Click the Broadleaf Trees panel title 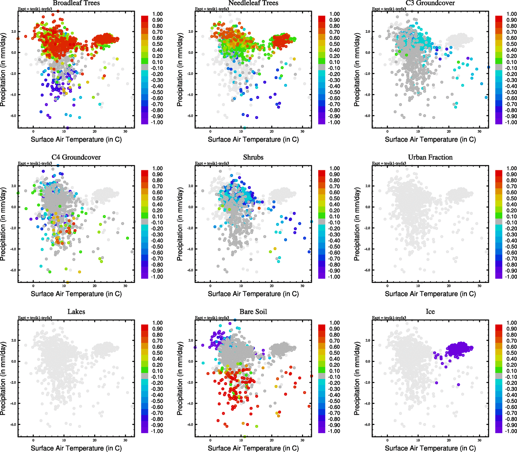[x=76, y=3]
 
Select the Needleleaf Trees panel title [x=253, y=3]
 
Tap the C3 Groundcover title [x=430, y=3]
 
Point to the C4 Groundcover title [x=76, y=157]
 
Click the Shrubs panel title [x=253, y=157]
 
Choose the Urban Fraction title [x=430, y=157]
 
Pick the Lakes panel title [x=76, y=312]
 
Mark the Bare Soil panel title [x=253, y=312]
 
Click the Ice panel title [x=430, y=312]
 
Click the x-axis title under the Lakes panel [x=76, y=448]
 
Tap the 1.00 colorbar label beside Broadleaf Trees [x=157, y=14]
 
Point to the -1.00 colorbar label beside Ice [x=511, y=431]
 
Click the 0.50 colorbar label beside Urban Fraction [x=511, y=199]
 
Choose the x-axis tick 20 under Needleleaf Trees [x=271, y=131]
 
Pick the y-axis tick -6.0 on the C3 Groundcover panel [x=367, y=116]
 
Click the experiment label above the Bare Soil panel [x=212, y=318]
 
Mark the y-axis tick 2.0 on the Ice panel [x=368, y=341]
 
